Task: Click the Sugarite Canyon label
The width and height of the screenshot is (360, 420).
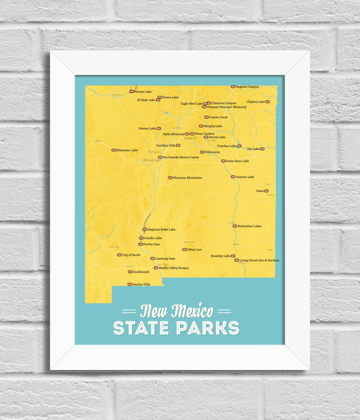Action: [247, 87]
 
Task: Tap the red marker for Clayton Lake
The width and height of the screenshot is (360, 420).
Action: [268, 102]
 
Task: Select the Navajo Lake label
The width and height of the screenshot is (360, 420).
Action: [143, 91]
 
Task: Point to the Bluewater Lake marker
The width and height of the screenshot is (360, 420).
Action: [114, 150]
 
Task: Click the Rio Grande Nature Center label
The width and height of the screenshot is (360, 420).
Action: [181, 157]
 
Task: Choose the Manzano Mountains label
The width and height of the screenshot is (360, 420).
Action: [187, 178]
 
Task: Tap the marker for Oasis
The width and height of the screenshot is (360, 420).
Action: [266, 191]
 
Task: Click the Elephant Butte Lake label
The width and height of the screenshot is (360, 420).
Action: [161, 230]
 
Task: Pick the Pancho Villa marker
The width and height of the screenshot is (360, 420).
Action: [130, 284]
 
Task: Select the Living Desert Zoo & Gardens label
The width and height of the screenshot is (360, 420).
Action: [259, 260]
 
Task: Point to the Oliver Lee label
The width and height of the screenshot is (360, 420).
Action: [194, 250]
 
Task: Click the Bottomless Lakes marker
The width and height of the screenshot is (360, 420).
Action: [235, 226]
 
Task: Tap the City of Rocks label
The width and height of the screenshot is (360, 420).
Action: [131, 255]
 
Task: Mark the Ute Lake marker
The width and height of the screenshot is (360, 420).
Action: [262, 149]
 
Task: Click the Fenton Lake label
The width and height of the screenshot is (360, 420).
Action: [147, 129]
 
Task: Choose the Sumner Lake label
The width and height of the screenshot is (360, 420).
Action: [245, 177]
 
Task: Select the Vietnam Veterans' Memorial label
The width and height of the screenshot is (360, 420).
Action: [226, 107]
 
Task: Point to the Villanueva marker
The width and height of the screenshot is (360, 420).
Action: [202, 152]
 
